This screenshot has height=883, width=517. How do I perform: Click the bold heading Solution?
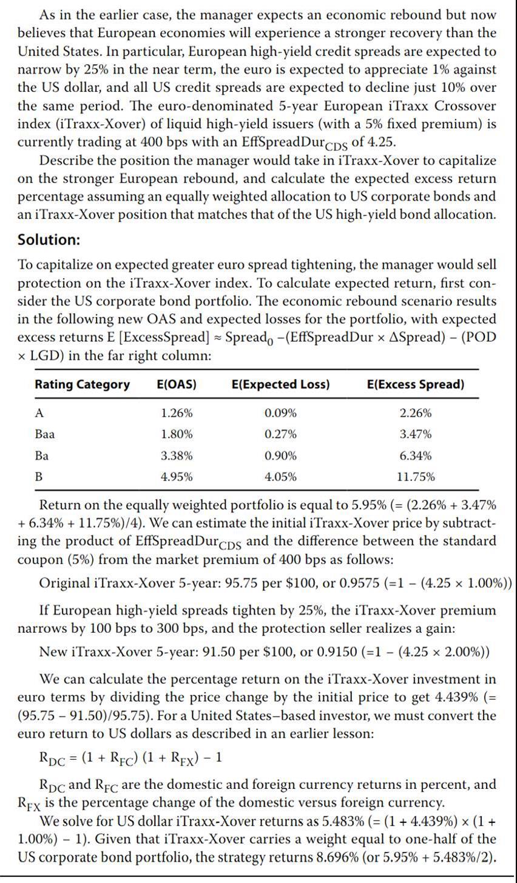(x=49, y=239)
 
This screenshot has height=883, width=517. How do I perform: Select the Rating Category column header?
(x=82, y=384)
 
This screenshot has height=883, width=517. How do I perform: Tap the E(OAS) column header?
(x=177, y=384)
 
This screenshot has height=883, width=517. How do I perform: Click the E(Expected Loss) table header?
(x=281, y=384)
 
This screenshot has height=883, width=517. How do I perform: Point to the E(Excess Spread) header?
(x=416, y=384)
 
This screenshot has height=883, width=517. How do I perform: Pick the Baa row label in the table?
(x=45, y=434)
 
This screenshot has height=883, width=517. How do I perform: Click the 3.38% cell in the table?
(x=177, y=455)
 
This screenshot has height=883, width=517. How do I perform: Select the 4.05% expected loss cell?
(x=281, y=477)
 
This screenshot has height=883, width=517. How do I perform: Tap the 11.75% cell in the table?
(x=416, y=477)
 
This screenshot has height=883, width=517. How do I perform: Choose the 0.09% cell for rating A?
(x=281, y=413)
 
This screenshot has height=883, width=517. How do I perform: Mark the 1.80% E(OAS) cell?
(x=177, y=434)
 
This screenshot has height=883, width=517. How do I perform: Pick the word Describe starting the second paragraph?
(x=66, y=160)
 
